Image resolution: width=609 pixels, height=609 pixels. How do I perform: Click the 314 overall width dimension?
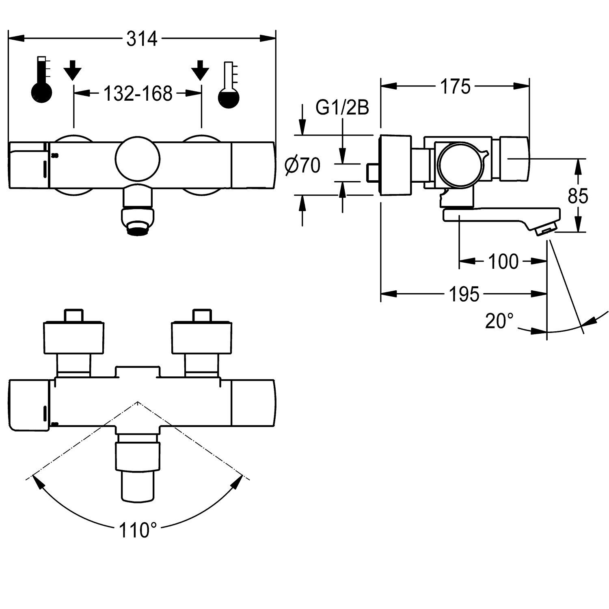142,39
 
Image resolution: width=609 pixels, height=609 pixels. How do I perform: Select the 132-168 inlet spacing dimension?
138,94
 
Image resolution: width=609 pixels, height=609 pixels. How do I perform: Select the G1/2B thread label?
343,109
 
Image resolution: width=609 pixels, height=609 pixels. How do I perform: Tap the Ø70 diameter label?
302,166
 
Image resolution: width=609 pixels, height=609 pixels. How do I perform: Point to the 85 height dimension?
578,197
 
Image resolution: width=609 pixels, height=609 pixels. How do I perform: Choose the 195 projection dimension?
464,294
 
